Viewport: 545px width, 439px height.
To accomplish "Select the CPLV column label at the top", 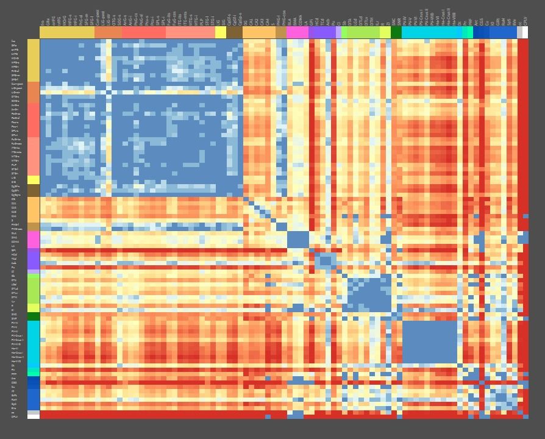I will [x=525, y=21].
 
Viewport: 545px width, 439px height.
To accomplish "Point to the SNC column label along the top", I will [x=394, y=21].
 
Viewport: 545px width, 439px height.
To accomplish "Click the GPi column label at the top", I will [x=312, y=21].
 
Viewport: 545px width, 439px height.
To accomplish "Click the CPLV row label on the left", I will [x=14, y=416].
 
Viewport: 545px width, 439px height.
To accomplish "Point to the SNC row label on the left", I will [x=14, y=314].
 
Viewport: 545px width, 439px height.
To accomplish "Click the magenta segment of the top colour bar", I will [x=297, y=32].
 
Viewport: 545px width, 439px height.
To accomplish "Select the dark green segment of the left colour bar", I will [x=33, y=316].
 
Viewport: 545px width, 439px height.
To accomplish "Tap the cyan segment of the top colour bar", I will [x=432, y=32].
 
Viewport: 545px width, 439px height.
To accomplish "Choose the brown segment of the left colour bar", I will [x=33, y=191].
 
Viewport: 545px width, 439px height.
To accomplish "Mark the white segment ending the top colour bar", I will [x=525, y=32].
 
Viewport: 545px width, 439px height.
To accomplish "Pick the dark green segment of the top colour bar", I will [x=396, y=32].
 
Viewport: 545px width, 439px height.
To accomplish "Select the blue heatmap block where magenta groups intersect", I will [x=297, y=239].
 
